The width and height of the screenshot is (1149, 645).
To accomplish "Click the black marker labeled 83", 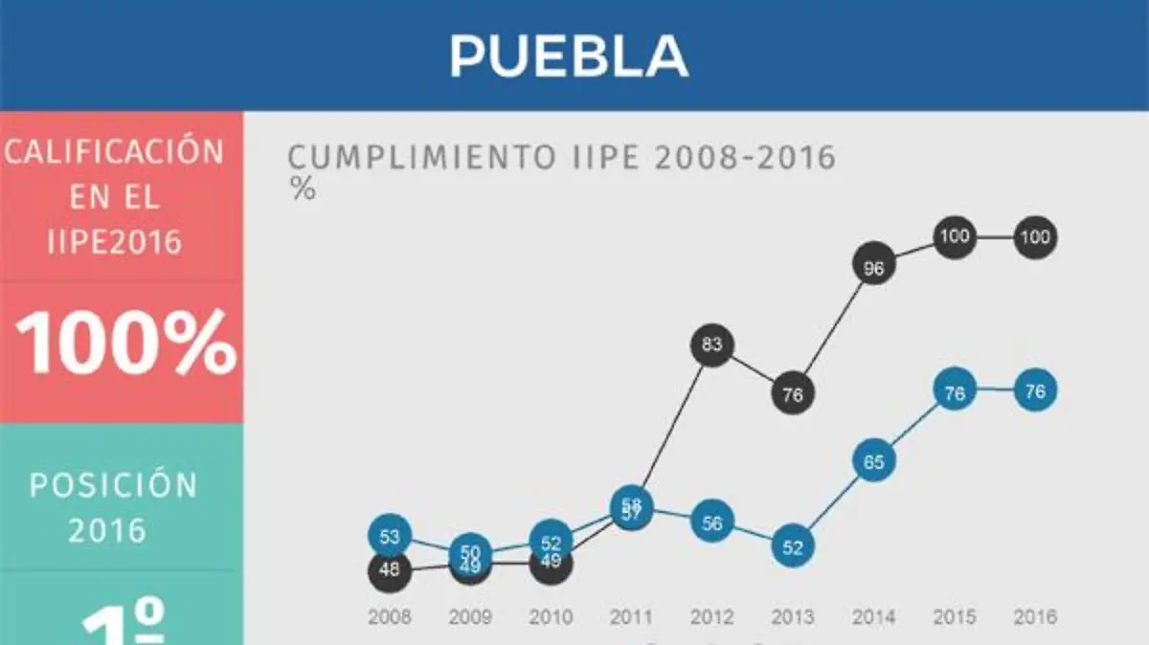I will click(x=711, y=346).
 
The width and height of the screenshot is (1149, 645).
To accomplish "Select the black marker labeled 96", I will click(x=873, y=269).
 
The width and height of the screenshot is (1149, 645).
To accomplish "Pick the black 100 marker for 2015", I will click(x=954, y=236).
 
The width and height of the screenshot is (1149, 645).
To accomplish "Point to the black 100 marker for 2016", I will click(x=1034, y=237).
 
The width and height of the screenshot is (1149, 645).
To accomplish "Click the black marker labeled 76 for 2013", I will click(x=792, y=394).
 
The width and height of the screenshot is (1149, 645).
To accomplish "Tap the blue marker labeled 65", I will click(x=873, y=460).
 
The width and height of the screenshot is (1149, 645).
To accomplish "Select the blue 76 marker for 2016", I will click(x=1034, y=391).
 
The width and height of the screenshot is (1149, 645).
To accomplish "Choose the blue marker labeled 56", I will click(x=711, y=523).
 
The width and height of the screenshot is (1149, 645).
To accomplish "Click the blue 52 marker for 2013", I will click(x=792, y=547).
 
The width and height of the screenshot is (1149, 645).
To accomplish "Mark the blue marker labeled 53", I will click(x=389, y=537).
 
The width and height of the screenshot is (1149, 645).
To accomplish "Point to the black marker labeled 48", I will click(x=389, y=571).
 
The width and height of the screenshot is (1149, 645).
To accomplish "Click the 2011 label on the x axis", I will click(x=631, y=617).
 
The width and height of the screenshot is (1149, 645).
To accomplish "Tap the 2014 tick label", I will click(x=873, y=617).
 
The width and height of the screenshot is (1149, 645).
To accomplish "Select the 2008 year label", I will click(x=389, y=617).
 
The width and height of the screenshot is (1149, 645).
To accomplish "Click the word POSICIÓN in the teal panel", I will click(x=113, y=485).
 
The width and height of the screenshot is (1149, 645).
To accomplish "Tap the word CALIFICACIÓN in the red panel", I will click(x=115, y=152).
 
